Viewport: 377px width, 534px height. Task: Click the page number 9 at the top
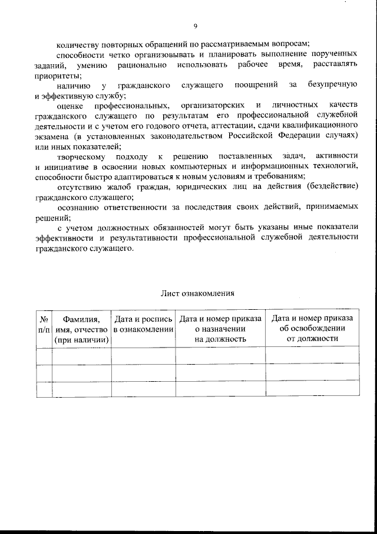click(x=195, y=25)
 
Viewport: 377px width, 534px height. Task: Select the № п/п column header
click(x=43, y=329)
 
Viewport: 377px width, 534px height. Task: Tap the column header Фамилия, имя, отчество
click(x=82, y=329)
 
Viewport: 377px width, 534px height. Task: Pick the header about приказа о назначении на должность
click(x=220, y=329)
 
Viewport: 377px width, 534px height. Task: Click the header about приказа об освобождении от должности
click(x=312, y=329)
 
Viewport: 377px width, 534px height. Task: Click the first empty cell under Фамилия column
click(x=82, y=355)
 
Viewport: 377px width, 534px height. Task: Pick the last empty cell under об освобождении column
click(x=312, y=389)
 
